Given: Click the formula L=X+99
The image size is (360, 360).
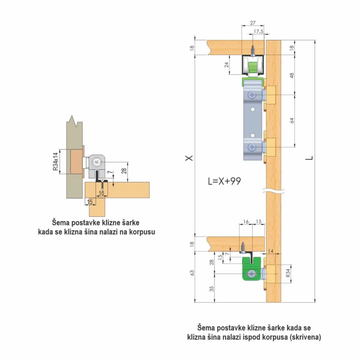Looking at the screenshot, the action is pos(224,181).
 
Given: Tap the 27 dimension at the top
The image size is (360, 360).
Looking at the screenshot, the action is pos(252,23).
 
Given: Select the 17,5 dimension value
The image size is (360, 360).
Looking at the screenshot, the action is pos(258,31).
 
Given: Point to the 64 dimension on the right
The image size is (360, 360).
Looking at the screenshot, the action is pos(292,121).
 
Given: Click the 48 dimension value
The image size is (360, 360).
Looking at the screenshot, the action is pos(292,75).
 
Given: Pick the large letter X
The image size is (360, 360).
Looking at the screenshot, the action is pos(189,158).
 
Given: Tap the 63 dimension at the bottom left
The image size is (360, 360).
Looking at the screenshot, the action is pos(192,273).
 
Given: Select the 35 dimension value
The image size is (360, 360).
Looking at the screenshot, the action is pos(211,289).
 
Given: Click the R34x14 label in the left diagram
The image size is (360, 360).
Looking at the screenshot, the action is pos(56,161).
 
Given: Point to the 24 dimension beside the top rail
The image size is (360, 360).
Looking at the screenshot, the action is pos(227,65).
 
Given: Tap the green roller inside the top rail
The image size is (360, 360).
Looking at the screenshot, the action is pos(252,67).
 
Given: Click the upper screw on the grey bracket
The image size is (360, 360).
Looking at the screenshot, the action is pos(252,95).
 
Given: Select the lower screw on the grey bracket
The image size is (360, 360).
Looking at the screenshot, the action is pos(252,147).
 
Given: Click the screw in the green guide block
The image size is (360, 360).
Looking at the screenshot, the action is pos(252,274).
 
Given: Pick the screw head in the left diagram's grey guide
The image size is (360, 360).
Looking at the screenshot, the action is pos(97,162).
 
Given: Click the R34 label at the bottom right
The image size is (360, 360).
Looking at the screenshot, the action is pos(288,273).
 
